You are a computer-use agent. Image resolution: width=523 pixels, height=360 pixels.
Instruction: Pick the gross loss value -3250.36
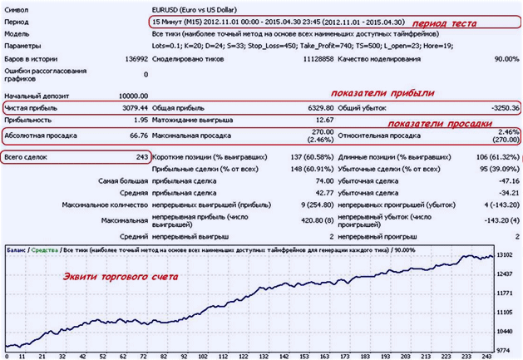(501, 108)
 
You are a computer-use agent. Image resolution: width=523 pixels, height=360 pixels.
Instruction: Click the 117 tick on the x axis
(245, 354)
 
